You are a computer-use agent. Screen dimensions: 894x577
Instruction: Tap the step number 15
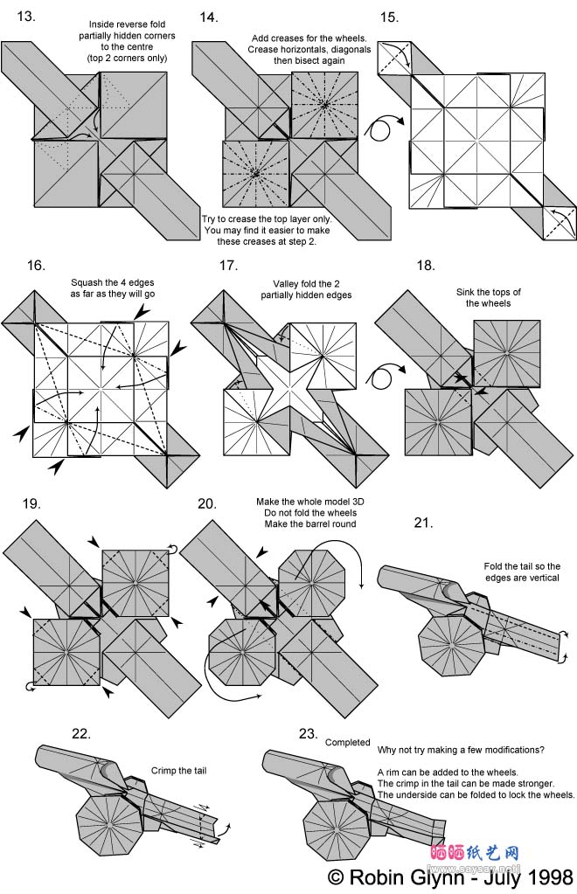390,17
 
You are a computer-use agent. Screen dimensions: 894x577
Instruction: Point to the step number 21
423,523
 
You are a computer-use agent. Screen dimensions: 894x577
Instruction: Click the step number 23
308,734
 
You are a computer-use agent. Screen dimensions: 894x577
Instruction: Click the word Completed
348,742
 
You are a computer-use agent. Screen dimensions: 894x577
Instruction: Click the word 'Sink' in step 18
466,292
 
